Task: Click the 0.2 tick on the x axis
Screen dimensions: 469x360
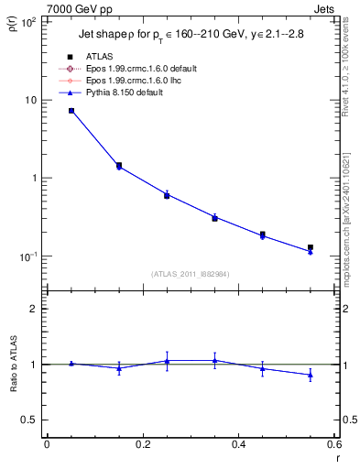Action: click(x=142, y=444)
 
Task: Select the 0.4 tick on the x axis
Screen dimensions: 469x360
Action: click(x=238, y=444)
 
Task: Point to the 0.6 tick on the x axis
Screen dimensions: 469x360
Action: click(x=333, y=444)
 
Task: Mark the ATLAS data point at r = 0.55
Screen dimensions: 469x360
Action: click(x=311, y=247)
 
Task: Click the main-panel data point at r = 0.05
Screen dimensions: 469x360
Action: click(x=71, y=111)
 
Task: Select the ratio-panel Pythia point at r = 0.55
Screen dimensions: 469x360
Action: click(x=311, y=375)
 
